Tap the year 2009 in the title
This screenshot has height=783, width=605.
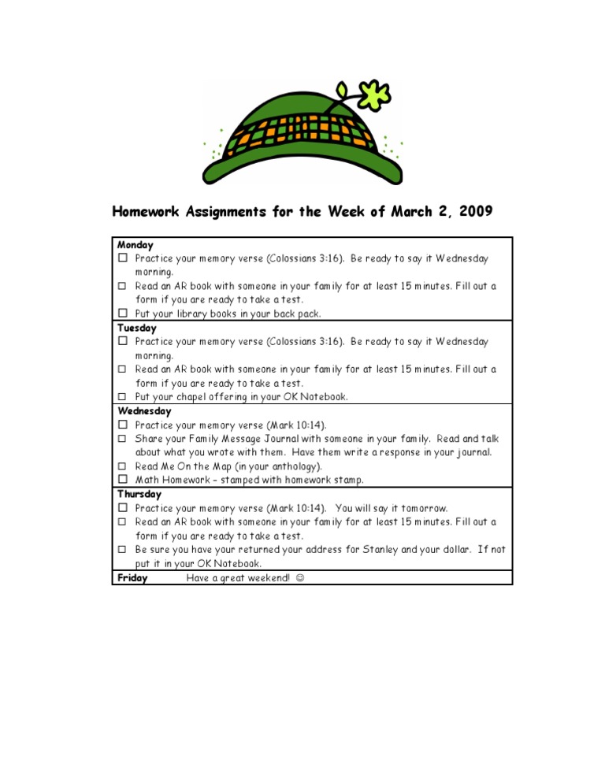[473, 211]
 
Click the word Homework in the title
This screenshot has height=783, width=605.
[147, 211]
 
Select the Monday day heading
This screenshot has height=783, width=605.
[135, 245]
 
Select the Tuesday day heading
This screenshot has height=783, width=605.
[137, 328]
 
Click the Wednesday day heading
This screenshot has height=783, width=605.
[144, 411]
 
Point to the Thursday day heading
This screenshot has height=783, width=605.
[140, 495]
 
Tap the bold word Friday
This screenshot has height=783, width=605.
[132, 578]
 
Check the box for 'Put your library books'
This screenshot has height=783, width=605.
[123, 314]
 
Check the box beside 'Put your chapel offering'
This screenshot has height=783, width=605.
[123, 396]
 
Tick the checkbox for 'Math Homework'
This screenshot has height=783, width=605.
[123, 480]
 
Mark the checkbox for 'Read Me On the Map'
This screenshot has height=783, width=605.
[123, 466]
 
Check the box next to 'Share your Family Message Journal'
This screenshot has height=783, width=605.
[123, 438]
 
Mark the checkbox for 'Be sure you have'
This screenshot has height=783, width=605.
[123, 549]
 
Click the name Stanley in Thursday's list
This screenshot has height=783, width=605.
[380, 550]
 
